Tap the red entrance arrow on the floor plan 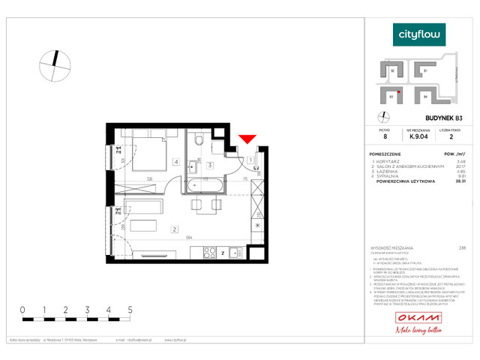pyautogui.click(x=247, y=138)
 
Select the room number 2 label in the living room pyautogui.click(x=174, y=229)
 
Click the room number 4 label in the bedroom pyautogui.click(x=175, y=161)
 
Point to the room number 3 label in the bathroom pyautogui.click(x=211, y=164)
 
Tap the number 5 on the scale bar pyautogui.click(x=130, y=309)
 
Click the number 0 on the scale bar pyautogui.click(x=22, y=309)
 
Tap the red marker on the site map pyautogui.click(x=400, y=91)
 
